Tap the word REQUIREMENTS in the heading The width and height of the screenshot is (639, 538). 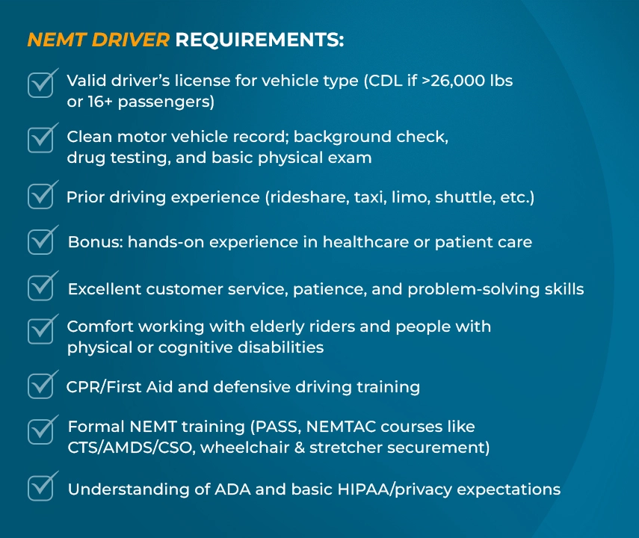coord(259,40)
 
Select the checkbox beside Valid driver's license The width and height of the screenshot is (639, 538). coord(41,84)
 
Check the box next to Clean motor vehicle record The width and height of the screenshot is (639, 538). coord(41,140)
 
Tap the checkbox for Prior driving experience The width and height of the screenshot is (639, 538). coord(41,196)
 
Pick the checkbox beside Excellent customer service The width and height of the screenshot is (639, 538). coord(41,288)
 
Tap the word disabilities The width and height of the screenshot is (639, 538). coord(280,347)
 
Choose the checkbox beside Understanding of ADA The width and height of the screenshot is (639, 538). coord(41,488)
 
